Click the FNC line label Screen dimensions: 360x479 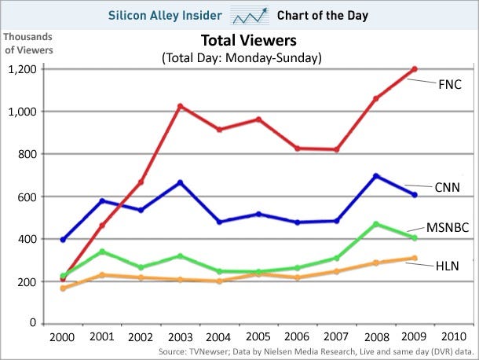click(x=450, y=83)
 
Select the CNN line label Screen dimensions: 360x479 click(x=447, y=187)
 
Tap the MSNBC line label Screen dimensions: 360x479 click(x=448, y=228)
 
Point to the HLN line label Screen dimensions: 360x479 click(x=447, y=266)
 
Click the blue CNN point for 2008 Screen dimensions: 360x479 click(x=375, y=175)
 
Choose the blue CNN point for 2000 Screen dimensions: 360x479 click(x=63, y=239)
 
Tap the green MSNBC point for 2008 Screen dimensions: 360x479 click(x=375, y=224)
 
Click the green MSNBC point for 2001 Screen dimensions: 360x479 click(x=101, y=252)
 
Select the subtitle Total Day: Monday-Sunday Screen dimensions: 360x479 click(x=242, y=58)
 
